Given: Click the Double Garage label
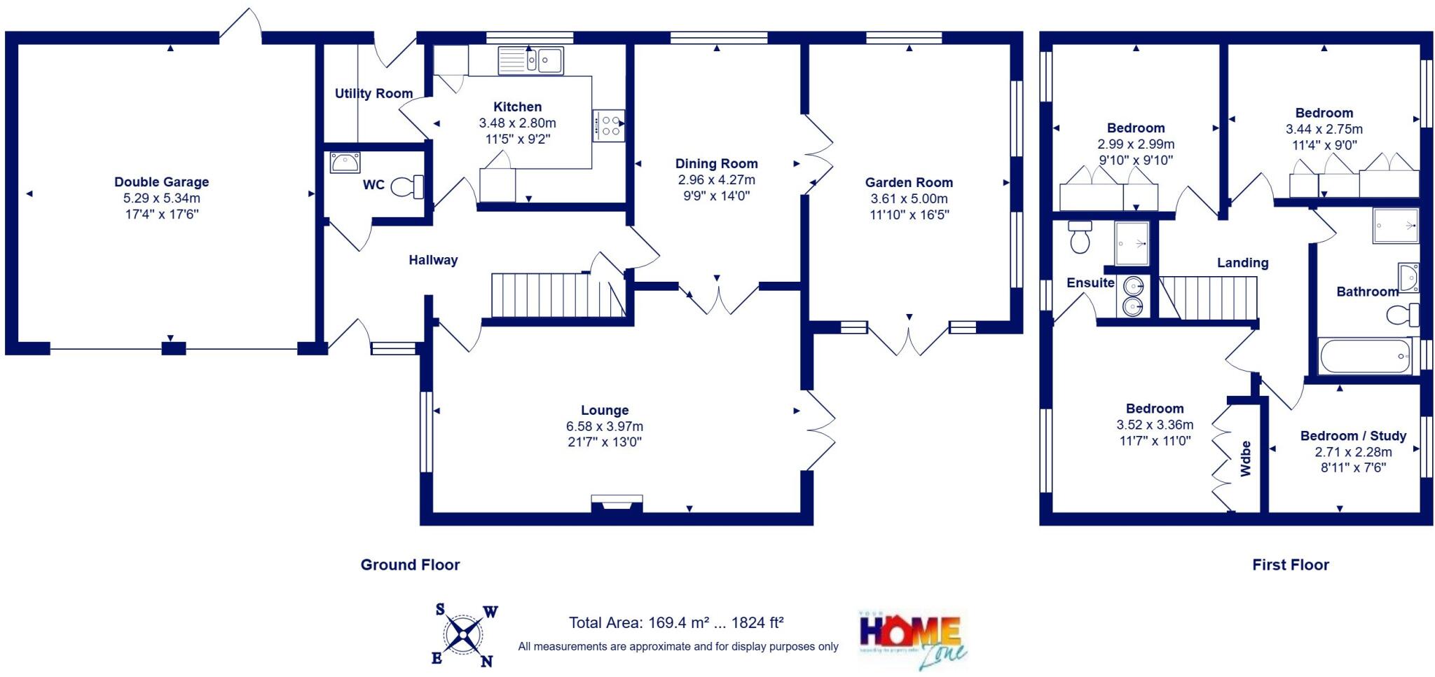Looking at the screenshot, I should (x=161, y=182).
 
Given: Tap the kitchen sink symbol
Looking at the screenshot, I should (x=530, y=60).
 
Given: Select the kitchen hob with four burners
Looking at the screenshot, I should (x=608, y=126).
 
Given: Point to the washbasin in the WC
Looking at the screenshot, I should (x=345, y=163).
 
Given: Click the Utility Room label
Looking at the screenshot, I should (x=373, y=93).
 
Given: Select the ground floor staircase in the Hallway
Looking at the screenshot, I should (x=557, y=295).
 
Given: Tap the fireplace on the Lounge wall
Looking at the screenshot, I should (x=617, y=503).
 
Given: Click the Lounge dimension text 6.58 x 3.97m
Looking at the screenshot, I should (x=604, y=426).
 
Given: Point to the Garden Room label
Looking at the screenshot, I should (x=909, y=182).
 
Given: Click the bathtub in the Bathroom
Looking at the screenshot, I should (x=1366, y=357).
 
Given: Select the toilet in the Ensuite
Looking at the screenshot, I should (x=1080, y=237).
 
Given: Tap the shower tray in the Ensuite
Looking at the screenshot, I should (x=1132, y=243).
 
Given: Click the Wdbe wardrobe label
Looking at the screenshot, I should (x=1245, y=459).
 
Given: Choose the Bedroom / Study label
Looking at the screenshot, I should (x=1353, y=436).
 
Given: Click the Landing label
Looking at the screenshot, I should (x=1242, y=263).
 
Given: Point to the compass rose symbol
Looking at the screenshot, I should (x=463, y=635).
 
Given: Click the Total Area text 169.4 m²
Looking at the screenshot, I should (x=675, y=622).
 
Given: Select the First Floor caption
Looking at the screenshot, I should (x=1290, y=565).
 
